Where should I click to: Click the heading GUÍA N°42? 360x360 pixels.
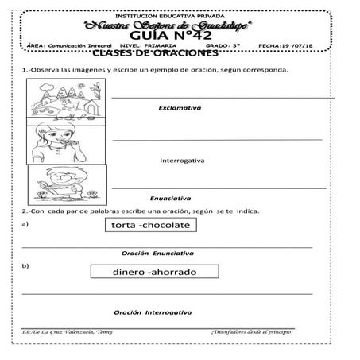pos(179,36)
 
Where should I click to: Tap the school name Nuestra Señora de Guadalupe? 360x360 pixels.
pos(179,24)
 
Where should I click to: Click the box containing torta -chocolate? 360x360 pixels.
pos(151,226)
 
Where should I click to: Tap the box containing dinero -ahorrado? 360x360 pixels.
pos(154,273)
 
